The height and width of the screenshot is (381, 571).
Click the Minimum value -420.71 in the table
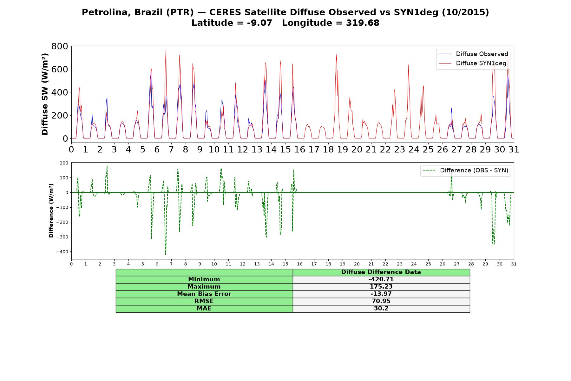tap(381, 279)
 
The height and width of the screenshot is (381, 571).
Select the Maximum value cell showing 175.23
tap(381, 287)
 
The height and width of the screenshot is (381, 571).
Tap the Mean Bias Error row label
tap(204, 294)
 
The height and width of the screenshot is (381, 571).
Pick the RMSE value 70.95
tap(381, 301)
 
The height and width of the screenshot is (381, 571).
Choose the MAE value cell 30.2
tap(381, 309)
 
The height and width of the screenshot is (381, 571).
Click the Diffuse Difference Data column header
tap(381, 272)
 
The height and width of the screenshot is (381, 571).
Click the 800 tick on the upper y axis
tap(60, 46)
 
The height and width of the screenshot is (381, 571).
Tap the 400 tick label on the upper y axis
tap(60, 92)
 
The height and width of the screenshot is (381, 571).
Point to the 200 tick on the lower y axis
tap(64, 163)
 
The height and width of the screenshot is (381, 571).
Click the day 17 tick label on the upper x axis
tap(314, 149)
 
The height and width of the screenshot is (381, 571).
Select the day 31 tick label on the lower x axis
tap(514, 264)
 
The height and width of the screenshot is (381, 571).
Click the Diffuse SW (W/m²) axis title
tap(45, 94)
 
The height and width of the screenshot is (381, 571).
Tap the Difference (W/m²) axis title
tap(51, 211)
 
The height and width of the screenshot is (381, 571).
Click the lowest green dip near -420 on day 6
tap(165, 254)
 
